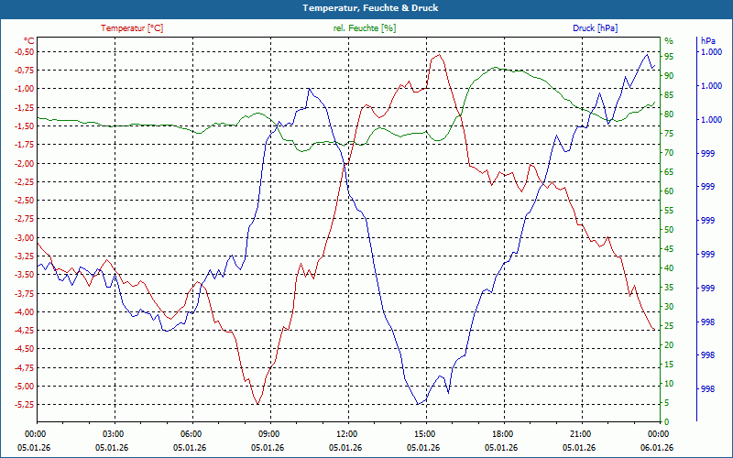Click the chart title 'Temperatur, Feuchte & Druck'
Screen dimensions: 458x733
(366, 7)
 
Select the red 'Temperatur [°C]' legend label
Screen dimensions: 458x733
(132, 28)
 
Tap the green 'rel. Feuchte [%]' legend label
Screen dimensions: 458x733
(365, 28)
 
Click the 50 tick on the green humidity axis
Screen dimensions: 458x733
(669, 229)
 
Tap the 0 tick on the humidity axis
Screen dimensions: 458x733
(666, 422)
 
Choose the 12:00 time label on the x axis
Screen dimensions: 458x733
(347, 433)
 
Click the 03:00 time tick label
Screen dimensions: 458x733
(113, 433)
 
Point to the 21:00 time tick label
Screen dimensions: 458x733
(580, 433)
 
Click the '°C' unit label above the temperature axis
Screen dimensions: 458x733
(29, 41)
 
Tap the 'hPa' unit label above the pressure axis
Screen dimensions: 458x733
(708, 41)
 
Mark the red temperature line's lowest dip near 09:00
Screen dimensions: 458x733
(258, 403)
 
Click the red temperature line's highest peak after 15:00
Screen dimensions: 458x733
(440, 55)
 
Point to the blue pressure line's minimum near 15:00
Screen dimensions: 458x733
(419, 404)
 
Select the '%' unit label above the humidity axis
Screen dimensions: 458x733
(668, 41)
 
